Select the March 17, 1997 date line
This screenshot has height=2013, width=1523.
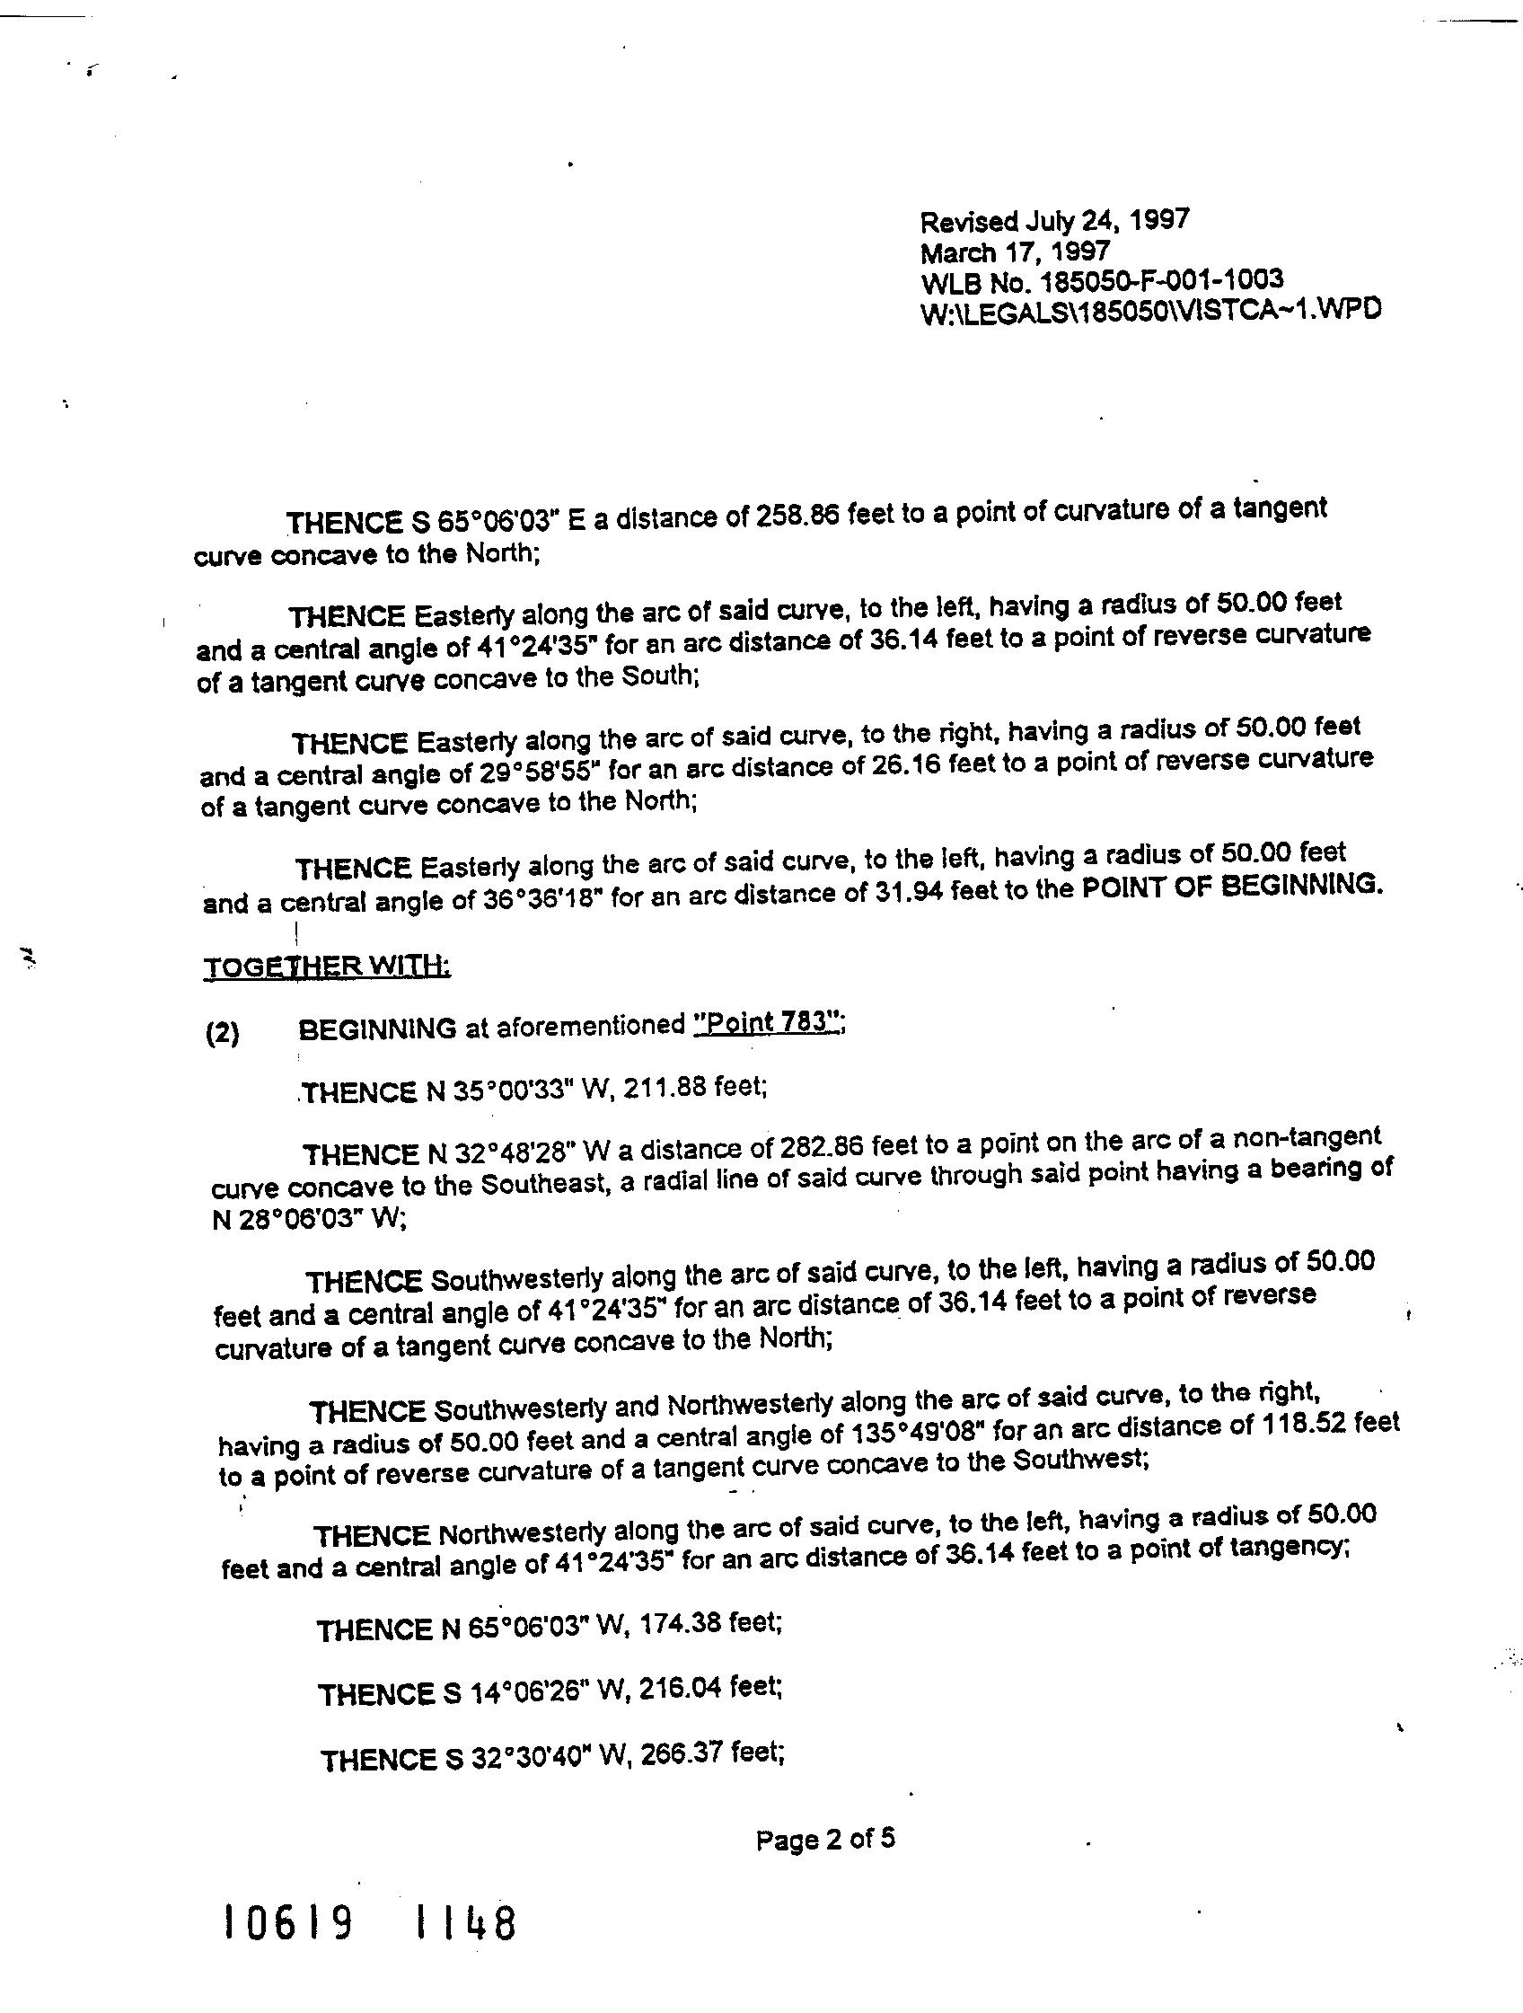[1015, 251]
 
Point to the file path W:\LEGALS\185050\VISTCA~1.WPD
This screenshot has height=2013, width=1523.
[1150, 310]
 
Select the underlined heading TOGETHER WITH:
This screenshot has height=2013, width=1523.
[327, 966]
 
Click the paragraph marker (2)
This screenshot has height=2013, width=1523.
[223, 1035]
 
